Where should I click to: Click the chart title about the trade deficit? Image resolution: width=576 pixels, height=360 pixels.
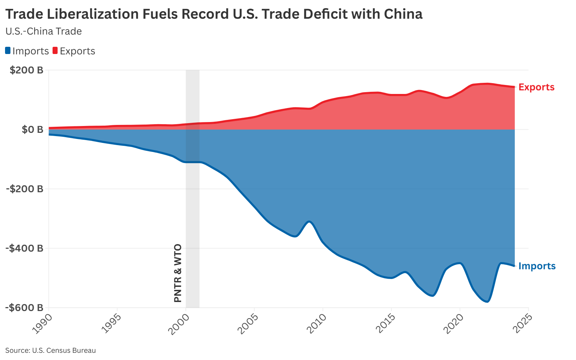point(214,14)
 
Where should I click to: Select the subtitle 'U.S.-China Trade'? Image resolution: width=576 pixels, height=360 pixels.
point(44,31)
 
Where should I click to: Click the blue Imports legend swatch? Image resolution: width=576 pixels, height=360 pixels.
point(8,51)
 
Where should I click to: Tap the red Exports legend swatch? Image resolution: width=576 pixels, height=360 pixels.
point(55,51)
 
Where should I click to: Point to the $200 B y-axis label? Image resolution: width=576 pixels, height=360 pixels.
point(26,70)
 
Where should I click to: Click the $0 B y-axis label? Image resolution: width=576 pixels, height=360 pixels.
point(32,129)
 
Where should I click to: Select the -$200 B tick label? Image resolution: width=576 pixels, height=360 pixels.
point(24,189)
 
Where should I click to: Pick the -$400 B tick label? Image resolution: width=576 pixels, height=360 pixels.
point(24,248)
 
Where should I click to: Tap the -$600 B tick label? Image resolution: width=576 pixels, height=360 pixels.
point(24,307)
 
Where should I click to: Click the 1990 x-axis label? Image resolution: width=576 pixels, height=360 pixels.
point(42,323)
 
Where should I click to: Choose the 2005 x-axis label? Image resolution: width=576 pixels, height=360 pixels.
point(248,323)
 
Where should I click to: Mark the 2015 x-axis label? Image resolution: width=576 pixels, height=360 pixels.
point(385,323)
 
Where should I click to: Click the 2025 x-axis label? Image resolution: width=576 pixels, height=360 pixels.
point(522,323)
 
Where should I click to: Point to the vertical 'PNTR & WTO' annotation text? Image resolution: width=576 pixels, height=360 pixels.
point(178,273)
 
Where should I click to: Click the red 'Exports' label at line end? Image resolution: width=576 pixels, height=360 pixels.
point(536,87)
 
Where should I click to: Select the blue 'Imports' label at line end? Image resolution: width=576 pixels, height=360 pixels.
point(537,266)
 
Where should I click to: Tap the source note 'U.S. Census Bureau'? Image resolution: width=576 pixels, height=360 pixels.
point(50,350)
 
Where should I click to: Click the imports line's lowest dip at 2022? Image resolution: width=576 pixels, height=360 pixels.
point(487,302)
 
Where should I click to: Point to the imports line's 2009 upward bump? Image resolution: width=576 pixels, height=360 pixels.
point(309,221)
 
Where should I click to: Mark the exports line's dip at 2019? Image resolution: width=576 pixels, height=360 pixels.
point(446,98)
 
